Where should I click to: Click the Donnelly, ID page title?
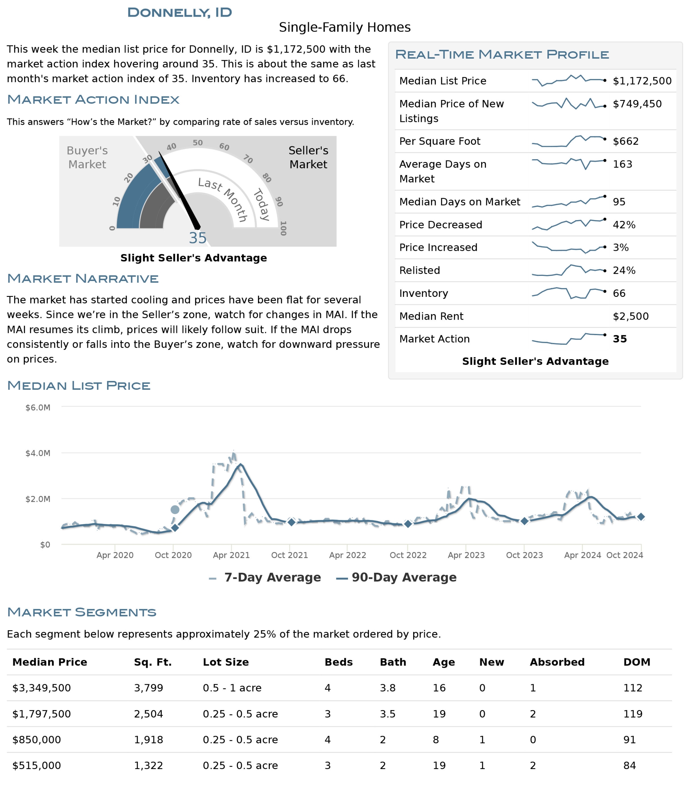point(180,12)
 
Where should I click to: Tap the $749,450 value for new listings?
point(637,104)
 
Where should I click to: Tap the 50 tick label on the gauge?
point(197,143)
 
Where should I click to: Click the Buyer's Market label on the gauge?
point(87,157)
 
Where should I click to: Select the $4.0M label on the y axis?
point(38,453)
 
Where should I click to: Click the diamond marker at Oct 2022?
point(408,524)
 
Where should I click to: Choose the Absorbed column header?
point(557,662)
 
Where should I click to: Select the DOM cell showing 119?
point(633,714)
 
